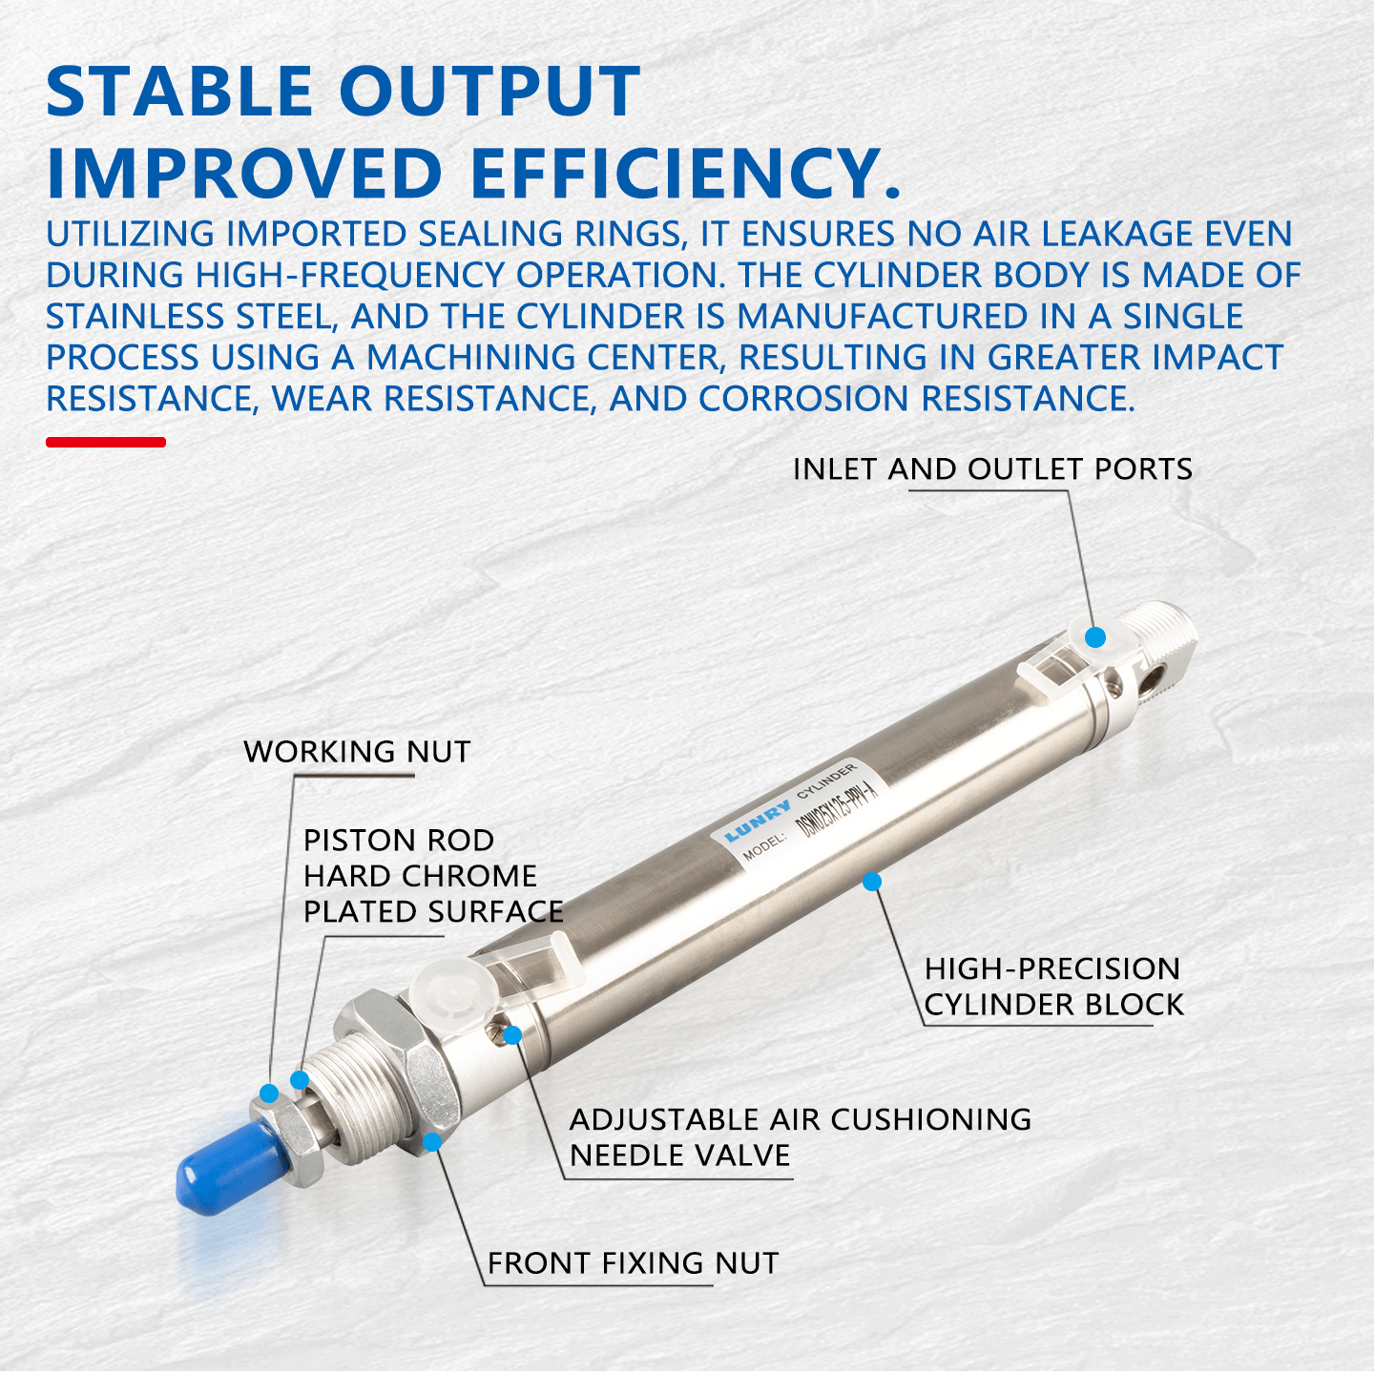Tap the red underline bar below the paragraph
point(106,442)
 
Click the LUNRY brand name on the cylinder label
point(758,821)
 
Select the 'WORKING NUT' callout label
point(357,752)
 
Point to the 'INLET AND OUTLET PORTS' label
point(992,469)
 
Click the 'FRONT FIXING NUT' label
point(633,1263)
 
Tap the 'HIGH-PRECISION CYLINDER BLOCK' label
point(1052,987)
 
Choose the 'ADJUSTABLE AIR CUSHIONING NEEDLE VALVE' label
point(800,1137)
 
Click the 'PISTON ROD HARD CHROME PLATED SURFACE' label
point(432,876)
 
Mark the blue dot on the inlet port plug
point(1095,637)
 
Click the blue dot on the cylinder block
point(871,882)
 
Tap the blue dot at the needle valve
point(512,1035)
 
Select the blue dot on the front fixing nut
point(432,1141)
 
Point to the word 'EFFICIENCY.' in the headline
point(685,175)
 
